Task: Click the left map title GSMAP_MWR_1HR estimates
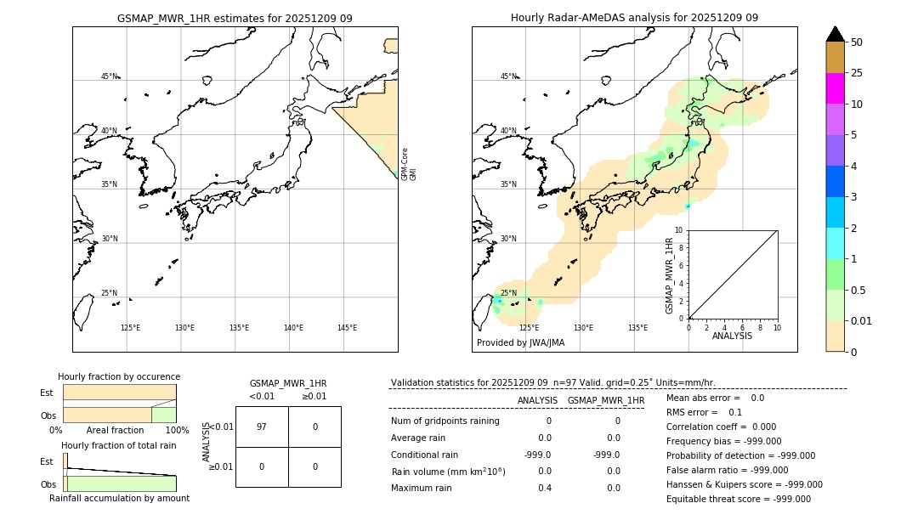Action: click(235, 18)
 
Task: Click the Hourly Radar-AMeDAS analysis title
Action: click(634, 18)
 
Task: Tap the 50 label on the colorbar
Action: click(857, 42)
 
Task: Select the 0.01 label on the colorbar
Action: click(862, 320)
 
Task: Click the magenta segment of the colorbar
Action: click(835, 88)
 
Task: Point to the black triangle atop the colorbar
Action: click(835, 34)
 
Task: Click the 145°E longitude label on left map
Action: click(347, 328)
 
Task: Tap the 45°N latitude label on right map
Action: click(508, 76)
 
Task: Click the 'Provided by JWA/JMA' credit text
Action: click(520, 342)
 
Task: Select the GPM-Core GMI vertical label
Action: click(409, 163)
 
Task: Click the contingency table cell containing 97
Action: click(262, 427)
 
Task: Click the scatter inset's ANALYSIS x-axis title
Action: click(733, 336)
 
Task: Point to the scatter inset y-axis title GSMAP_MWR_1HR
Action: click(670, 275)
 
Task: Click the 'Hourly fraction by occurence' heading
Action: click(119, 376)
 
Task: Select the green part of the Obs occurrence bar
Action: click(163, 415)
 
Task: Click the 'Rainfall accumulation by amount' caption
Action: click(119, 498)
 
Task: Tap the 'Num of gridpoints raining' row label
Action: click(445, 421)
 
